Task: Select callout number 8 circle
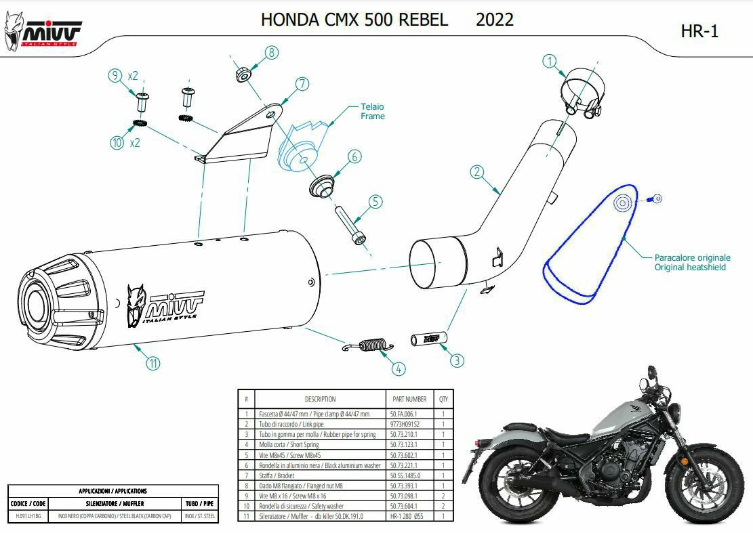click(x=271, y=53)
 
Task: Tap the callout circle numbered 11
click(x=154, y=363)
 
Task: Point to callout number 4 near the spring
click(x=399, y=368)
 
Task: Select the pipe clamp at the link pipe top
click(x=582, y=94)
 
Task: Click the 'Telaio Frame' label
click(x=372, y=112)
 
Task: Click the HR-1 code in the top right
click(x=699, y=31)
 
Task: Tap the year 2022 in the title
click(x=494, y=20)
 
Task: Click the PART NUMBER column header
click(x=409, y=399)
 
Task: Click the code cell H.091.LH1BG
click(x=28, y=517)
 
